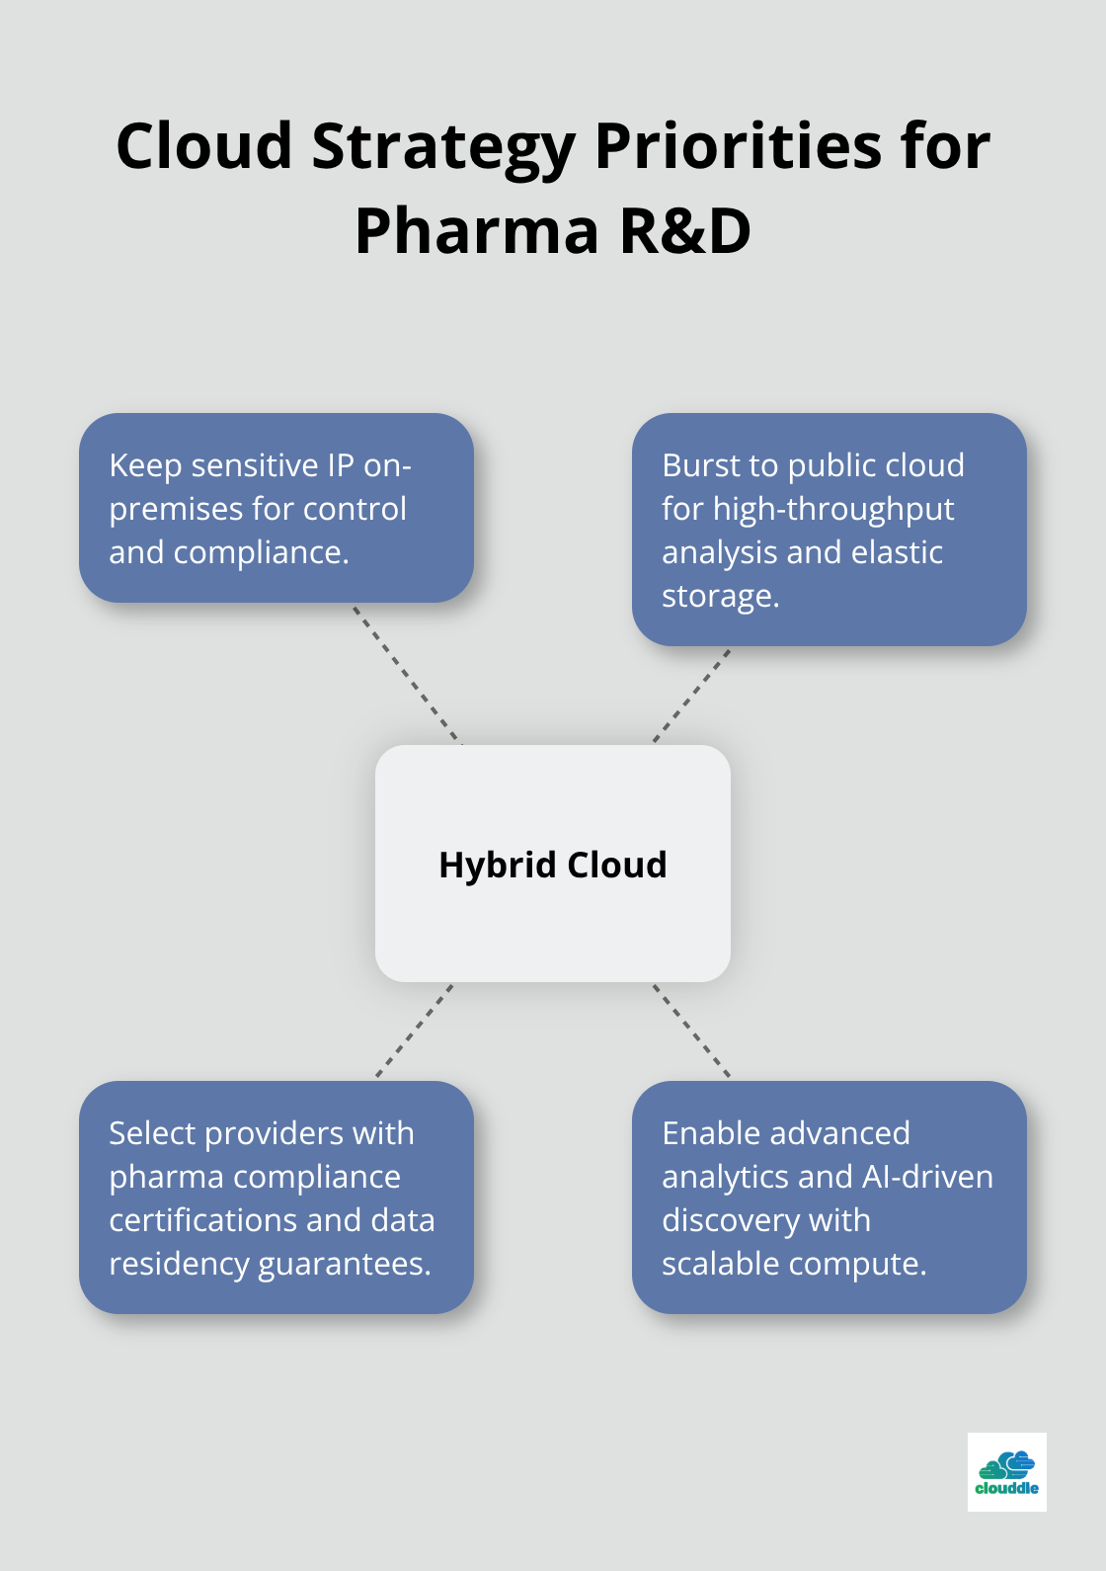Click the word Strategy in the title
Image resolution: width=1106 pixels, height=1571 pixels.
[443, 147]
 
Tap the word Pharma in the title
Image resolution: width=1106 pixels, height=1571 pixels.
[477, 232]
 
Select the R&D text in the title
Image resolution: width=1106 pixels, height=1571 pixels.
[685, 232]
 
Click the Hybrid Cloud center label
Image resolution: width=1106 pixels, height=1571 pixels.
[553, 865]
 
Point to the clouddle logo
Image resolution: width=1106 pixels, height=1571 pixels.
[1006, 1472]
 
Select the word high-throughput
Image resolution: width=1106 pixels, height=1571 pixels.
[833, 510]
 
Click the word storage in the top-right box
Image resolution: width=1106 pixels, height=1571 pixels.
[718, 597]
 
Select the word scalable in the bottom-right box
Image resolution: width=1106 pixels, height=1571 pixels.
[723, 1264]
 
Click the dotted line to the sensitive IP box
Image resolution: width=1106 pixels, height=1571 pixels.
[407, 674]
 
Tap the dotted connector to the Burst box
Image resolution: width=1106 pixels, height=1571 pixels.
[691, 696]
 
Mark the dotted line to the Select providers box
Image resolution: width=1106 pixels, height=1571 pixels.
[415, 1030]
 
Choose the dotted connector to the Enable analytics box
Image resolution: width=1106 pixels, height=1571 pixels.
[691, 1030]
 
